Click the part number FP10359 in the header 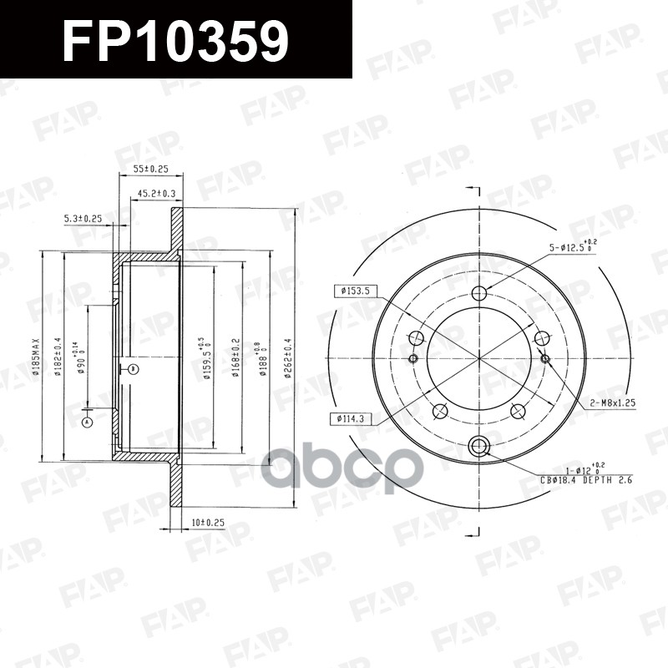[175, 40]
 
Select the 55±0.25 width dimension [150, 169]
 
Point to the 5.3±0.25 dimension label [83, 219]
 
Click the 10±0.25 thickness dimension [208, 523]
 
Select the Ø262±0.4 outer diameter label [287, 357]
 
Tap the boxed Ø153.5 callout [354, 291]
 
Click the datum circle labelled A [86, 423]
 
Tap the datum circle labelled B [132, 367]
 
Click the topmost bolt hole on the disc [479, 293]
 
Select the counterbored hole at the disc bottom [479, 444]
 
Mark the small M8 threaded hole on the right [545, 358]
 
